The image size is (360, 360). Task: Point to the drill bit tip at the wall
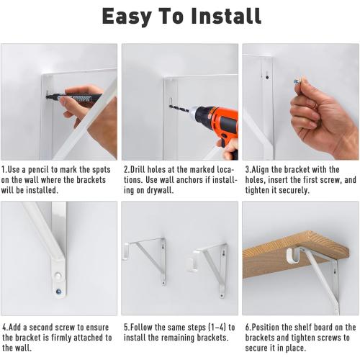coord(171,108)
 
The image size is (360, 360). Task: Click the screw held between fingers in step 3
coord(297,81)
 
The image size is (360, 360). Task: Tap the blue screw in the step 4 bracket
coord(58,292)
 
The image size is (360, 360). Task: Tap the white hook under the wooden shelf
coord(294,255)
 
